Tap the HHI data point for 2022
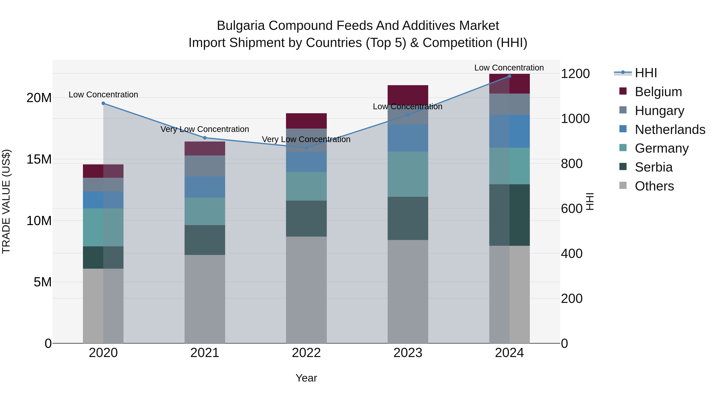tap(306, 148)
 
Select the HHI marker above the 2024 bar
tap(509, 76)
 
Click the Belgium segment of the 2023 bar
tap(408, 95)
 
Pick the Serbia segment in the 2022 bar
tap(306, 219)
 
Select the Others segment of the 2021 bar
tap(205, 299)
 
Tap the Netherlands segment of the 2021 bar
tap(205, 187)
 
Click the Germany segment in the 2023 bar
tap(408, 174)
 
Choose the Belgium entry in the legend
tap(658, 92)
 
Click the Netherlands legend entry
tap(670, 130)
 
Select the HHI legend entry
tap(646, 73)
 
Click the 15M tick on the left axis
tap(39, 159)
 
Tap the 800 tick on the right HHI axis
tap(571, 164)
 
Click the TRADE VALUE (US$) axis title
tap(6, 201)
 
